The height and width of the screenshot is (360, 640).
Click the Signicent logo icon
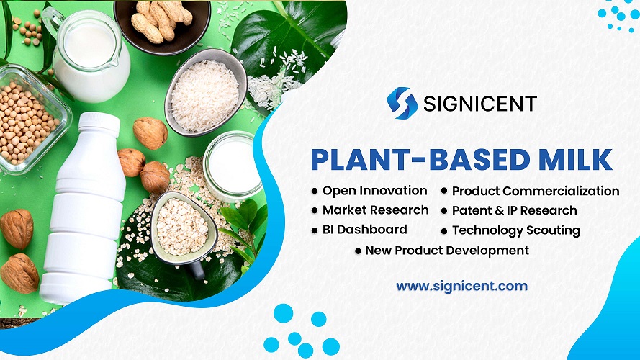pos(402,103)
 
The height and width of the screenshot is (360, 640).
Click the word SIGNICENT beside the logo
pos(480,104)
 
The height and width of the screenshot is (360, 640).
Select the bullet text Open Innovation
pos(374,191)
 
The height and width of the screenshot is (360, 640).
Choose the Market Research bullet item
pos(375,210)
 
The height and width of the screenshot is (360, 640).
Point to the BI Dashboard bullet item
pos(364,230)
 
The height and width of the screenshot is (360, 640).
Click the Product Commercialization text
pos(535,191)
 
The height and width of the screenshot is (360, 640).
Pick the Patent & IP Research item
pos(514,211)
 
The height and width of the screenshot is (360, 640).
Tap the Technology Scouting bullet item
pos(515,230)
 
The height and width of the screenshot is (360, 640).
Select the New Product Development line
pos(446,251)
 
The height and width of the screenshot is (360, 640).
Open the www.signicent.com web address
pos(461,286)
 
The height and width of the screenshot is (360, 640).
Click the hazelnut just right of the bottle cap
pos(150,132)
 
